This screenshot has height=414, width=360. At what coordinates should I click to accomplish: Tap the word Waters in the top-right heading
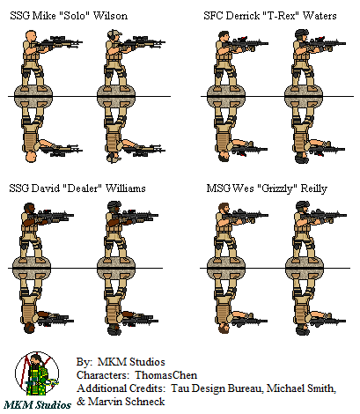tap(320, 15)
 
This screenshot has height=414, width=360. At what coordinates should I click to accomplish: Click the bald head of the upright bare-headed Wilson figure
tap(31, 35)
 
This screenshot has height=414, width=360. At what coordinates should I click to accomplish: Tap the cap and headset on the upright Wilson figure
tap(114, 34)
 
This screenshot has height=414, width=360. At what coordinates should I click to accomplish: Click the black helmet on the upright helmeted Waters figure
tap(302, 33)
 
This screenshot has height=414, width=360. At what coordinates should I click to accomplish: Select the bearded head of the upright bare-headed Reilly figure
tap(224, 208)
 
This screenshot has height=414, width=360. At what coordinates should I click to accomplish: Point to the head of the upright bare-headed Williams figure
tap(29, 208)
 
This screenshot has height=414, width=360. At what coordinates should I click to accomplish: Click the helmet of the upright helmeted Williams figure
tap(114, 205)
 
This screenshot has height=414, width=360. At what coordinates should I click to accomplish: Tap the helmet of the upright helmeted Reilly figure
tap(302, 205)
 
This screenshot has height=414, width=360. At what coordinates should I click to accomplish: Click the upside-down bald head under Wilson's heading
tap(31, 157)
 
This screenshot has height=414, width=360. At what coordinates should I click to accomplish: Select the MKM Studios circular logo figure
tap(37, 374)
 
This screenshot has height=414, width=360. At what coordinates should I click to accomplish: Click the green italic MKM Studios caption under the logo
tap(37, 405)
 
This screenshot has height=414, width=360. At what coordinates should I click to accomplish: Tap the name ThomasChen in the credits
tap(166, 375)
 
